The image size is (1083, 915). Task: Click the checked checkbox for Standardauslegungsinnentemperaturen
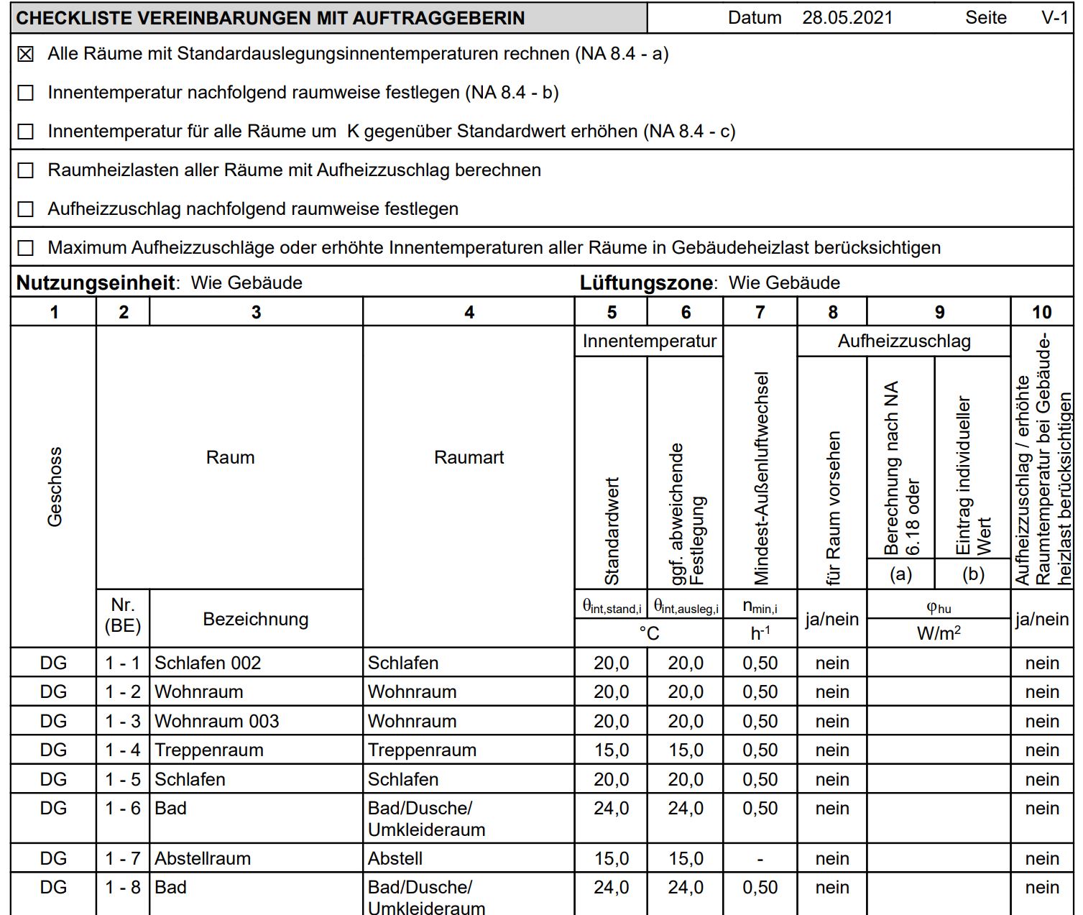tap(26, 54)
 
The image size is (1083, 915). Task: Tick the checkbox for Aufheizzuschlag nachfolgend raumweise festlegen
tap(26, 209)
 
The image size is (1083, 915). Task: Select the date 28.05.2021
tap(847, 18)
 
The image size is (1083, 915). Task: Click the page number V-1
tap(1054, 18)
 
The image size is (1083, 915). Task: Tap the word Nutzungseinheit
tap(96, 283)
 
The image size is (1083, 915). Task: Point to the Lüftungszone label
tap(647, 283)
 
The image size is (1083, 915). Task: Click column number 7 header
tap(760, 312)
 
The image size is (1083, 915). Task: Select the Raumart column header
tap(469, 457)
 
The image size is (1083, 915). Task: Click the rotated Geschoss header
tap(55, 487)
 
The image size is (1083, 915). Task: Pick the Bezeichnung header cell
tap(256, 619)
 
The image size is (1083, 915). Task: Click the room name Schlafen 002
tap(208, 663)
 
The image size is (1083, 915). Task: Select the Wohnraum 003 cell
tap(217, 721)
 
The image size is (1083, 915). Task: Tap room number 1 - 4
tap(123, 750)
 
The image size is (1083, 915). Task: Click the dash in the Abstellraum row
tap(760, 859)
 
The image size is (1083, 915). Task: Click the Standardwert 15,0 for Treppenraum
tap(611, 750)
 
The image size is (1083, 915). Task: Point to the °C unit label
tap(649, 633)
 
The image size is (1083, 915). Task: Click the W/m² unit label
tap(939, 633)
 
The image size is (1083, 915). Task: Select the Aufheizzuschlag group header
tap(903, 341)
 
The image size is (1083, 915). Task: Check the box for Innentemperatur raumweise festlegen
tap(26, 93)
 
